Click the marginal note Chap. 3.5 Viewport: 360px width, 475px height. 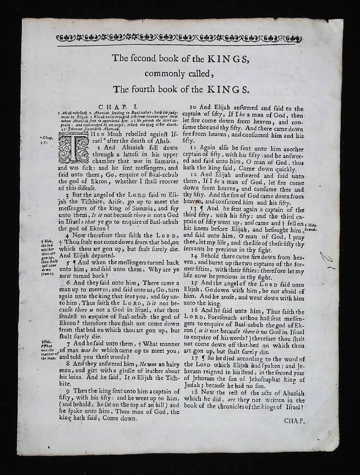pyautogui.click(x=47, y=140)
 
